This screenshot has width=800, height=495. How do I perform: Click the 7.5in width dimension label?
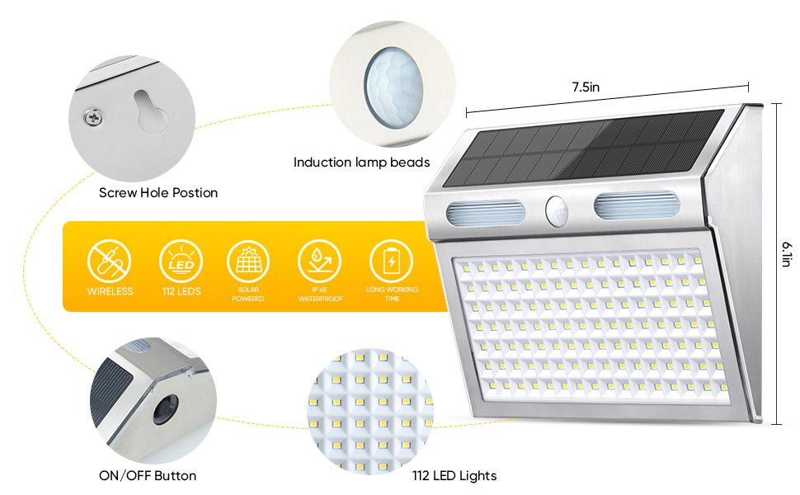pyautogui.click(x=586, y=87)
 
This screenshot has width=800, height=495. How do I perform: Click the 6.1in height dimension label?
pyautogui.click(x=787, y=253)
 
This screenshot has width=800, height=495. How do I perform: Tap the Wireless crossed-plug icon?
pyautogui.click(x=109, y=262)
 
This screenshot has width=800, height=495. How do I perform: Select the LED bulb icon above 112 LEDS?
pyautogui.click(x=181, y=262)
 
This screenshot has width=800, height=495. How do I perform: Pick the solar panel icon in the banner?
pyautogui.click(x=248, y=262)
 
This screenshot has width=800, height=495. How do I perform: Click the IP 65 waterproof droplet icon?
pyautogui.click(x=319, y=262)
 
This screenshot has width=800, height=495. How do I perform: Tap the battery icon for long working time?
pyautogui.click(x=391, y=262)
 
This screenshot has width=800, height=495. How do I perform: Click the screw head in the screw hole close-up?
pyautogui.click(x=93, y=118)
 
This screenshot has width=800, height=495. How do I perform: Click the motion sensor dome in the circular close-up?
pyautogui.click(x=393, y=87)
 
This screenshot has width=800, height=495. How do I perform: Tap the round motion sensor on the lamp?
pyautogui.click(x=557, y=210)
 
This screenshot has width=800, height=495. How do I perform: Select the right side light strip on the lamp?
pyautogui.click(x=636, y=205)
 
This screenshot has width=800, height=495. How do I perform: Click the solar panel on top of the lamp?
pyautogui.click(x=583, y=148)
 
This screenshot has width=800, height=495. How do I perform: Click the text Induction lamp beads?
pyautogui.click(x=362, y=163)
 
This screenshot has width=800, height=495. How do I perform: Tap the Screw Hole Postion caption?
pyautogui.click(x=158, y=192)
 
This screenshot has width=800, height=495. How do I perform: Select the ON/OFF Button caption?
pyautogui.click(x=148, y=475)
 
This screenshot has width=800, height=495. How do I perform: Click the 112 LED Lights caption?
pyautogui.click(x=454, y=475)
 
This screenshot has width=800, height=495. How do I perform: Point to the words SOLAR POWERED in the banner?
pyautogui.click(x=248, y=294)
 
